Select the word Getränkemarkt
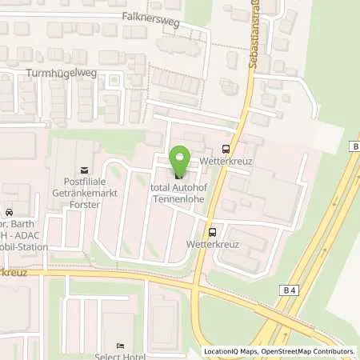point(78,194)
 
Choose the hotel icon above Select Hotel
point(120,346)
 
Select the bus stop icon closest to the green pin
point(225,148)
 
